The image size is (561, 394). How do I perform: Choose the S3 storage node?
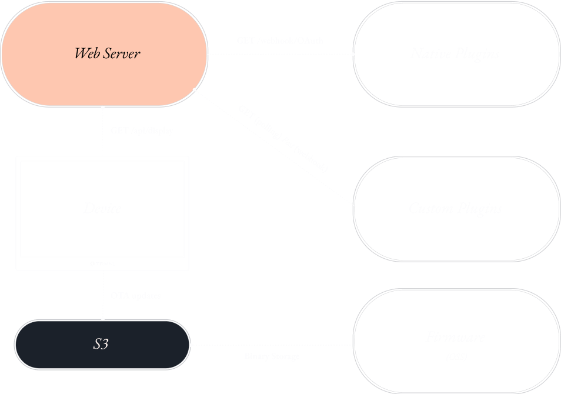101,345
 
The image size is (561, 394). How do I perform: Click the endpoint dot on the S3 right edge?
191,345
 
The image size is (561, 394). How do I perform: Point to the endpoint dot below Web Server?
103,108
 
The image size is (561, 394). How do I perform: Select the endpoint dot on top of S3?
103,319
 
